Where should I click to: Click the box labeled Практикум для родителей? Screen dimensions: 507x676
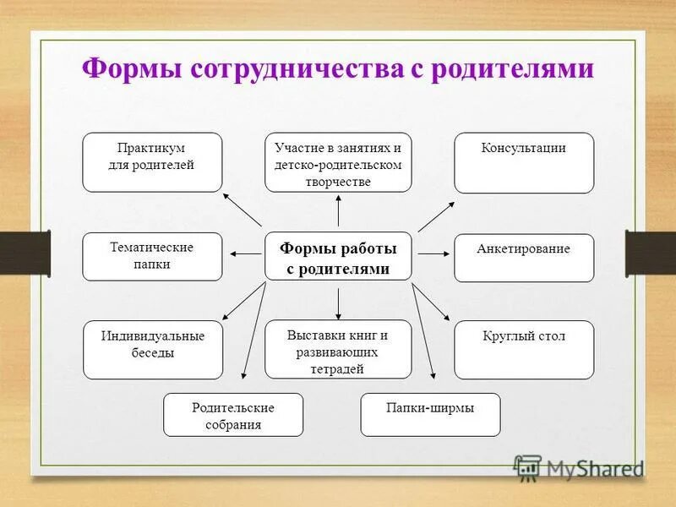click(x=152, y=162)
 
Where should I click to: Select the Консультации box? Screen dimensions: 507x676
click(x=524, y=162)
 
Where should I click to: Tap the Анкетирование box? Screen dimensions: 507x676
click(x=524, y=258)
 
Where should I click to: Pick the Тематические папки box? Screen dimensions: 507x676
click(x=152, y=256)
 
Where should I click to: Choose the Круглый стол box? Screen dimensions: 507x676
click(x=524, y=349)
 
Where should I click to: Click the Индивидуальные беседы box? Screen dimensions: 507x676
click(x=153, y=349)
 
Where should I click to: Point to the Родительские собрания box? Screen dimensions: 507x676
click(x=232, y=414)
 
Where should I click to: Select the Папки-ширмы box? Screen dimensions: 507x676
click(x=430, y=414)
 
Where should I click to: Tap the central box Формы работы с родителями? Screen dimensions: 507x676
click(x=338, y=256)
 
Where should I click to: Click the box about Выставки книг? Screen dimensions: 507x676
click(x=338, y=349)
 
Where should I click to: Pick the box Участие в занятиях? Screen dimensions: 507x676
click(x=338, y=162)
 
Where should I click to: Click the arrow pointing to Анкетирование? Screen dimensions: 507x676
click(x=432, y=253)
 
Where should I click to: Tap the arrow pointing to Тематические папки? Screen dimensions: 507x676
click(x=245, y=253)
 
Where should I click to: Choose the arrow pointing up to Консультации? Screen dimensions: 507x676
click(x=436, y=216)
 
